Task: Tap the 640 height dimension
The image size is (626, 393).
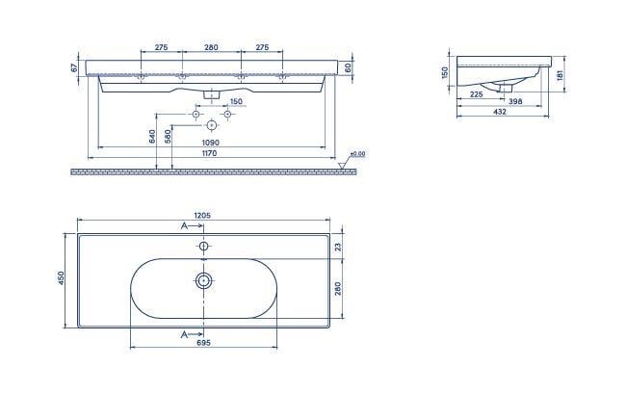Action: pos(152,137)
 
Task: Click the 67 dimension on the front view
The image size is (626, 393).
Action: pos(74,67)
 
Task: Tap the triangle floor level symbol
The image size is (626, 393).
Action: pos(344,165)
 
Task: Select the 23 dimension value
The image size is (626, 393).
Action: pos(339,246)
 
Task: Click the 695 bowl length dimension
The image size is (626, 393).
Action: pos(202,343)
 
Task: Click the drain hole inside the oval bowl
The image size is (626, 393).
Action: pos(204,281)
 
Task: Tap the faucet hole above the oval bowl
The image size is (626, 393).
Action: pos(204,247)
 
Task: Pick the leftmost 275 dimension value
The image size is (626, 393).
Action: pos(161,47)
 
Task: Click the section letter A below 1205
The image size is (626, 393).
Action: pos(184,226)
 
